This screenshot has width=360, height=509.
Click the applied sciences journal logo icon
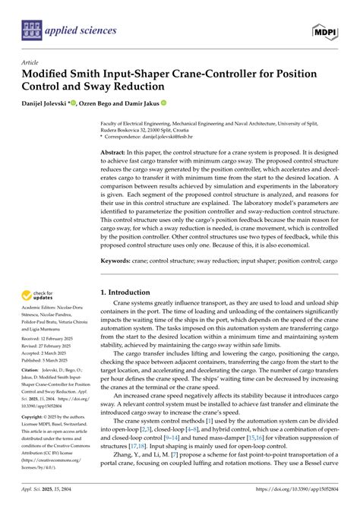coord(30,30)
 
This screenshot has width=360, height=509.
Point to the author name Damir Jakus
coord(160,103)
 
